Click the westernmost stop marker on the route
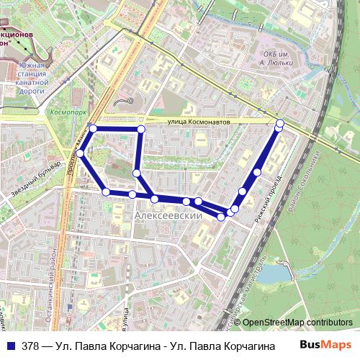coord(81,153)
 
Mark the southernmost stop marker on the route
coord(222,217)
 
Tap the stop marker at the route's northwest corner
coord(93,128)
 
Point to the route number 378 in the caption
coord(30,346)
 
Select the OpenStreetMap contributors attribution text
coord(297,322)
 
